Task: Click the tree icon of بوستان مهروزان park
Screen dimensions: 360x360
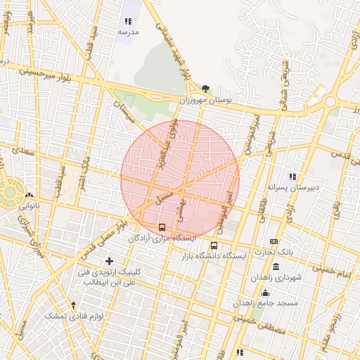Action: tap(205, 89)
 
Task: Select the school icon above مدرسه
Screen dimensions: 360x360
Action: tap(128, 22)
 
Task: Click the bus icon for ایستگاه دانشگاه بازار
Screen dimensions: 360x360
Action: tap(214, 246)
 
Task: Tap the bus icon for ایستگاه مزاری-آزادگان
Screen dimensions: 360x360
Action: tap(162, 228)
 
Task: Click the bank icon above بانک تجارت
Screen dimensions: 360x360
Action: tap(274, 241)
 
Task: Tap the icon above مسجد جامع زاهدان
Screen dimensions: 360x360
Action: tap(265, 292)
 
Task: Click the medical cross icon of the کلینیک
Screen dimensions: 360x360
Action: tap(109, 261)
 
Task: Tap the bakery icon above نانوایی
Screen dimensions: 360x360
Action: tap(29, 196)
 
